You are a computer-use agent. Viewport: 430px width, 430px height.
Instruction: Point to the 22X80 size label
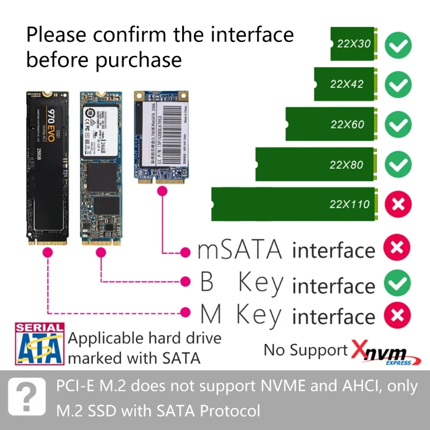click(347, 164)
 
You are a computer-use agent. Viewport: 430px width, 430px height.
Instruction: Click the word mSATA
click(240, 250)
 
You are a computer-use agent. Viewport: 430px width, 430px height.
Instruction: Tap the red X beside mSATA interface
click(396, 249)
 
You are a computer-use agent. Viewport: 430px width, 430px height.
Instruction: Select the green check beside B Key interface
click(396, 283)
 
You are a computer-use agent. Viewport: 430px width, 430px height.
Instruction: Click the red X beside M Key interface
click(396, 315)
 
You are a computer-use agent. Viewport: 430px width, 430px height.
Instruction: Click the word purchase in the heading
click(138, 60)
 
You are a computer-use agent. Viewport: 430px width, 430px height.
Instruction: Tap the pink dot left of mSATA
click(185, 251)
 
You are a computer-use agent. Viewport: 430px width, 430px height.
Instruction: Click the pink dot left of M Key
click(185, 312)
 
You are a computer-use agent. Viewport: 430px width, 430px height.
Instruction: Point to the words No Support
click(305, 350)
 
